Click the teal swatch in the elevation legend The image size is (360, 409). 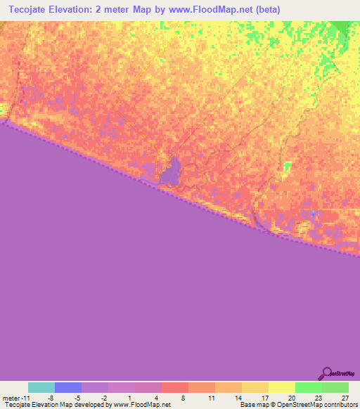41,387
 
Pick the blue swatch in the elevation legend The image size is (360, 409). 68,387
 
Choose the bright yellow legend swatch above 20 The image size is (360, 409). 282,387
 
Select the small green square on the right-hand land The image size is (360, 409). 287,166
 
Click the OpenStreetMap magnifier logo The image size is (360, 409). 326,373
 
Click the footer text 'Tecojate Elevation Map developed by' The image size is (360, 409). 56,405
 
